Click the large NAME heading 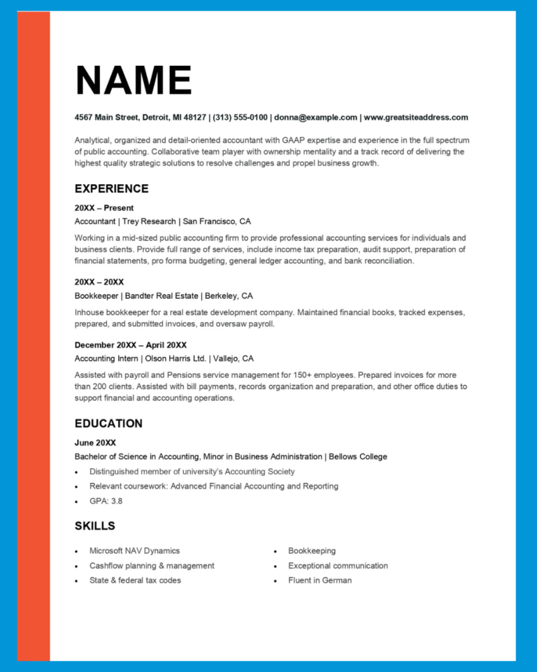pos(133,80)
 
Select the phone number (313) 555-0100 pos(240,118)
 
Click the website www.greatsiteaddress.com pos(416,118)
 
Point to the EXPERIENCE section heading pos(111,189)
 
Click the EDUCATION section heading pos(108,423)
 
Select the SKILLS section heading pos(94,526)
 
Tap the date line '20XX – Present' pos(103,208)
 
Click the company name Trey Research pos(150,221)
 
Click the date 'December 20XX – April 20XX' pos(130,345)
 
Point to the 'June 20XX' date pos(95,442)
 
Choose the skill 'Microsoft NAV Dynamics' pos(134,551)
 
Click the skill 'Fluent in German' pos(320,580)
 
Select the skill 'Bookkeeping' pos(312,551)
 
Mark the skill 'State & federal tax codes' pos(135,580)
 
